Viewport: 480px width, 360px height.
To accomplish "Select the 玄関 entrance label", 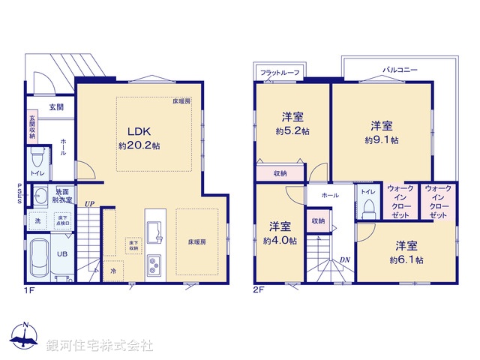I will pos(57,107).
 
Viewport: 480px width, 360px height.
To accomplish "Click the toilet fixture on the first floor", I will pos(37,160).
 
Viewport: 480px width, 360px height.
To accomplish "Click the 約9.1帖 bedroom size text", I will pos(382,139).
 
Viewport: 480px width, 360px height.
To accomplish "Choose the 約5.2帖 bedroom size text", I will pos(292,130).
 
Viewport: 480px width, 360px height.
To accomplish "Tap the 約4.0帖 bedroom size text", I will pos(279,241).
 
